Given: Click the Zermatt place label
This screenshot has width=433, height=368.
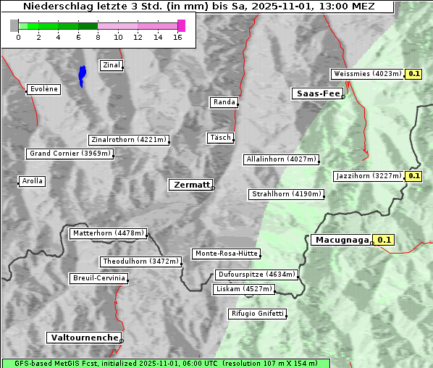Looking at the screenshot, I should [x=190, y=185].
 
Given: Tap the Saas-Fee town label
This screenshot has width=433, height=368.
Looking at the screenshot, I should [x=316, y=93].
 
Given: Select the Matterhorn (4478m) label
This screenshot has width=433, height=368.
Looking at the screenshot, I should [x=108, y=234].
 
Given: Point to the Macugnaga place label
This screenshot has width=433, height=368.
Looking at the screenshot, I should [x=341, y=240].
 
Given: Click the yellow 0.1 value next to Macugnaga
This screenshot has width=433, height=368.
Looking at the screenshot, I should [x=384, y=240].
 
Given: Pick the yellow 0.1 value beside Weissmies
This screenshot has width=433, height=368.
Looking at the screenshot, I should [x=414, y=74].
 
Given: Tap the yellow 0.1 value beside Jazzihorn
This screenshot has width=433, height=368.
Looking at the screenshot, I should [x=414, y=176].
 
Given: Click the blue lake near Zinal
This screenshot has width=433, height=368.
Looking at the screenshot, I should [x=82, y=75].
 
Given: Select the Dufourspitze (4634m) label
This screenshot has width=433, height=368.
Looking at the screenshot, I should [x=256, y=275].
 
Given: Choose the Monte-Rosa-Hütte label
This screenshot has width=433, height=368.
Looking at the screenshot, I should [x=226, y=254].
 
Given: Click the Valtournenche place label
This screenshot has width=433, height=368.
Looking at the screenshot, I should [x=84, y=338].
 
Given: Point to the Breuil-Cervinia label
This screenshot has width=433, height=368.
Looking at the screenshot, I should [x=98, y=278].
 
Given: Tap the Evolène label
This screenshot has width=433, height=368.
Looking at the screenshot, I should [x=43, y=89].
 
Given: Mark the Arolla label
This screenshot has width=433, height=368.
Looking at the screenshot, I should [x=32, y=181].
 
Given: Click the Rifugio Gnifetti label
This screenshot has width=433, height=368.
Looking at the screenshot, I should [x=257, y=314].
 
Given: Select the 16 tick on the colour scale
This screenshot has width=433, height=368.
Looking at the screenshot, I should [x=177, y=38].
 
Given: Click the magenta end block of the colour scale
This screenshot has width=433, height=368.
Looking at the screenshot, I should [x=181, y=25].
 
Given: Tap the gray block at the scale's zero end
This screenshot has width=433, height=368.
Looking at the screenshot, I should [x=14, y=25].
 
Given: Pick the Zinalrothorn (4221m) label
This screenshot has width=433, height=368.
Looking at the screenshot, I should [x=128, y=140].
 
